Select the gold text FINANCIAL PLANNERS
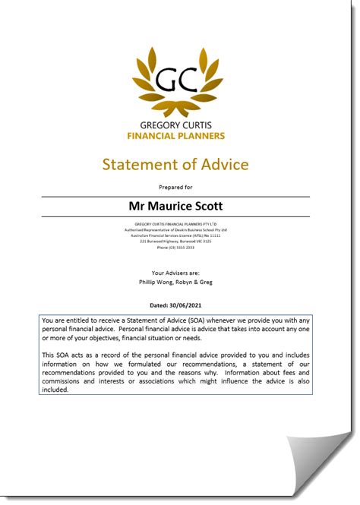tap(175, 136)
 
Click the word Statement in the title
tap(140, 165)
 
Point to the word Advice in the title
tap(226, 165)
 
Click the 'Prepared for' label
tap(175, 186)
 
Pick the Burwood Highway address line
tap(175, 241)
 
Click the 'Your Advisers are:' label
tap(175, 272)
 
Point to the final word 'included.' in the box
tap(55, 390)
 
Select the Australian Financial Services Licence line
tap(175, 235)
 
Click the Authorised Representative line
tap(175, 229)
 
